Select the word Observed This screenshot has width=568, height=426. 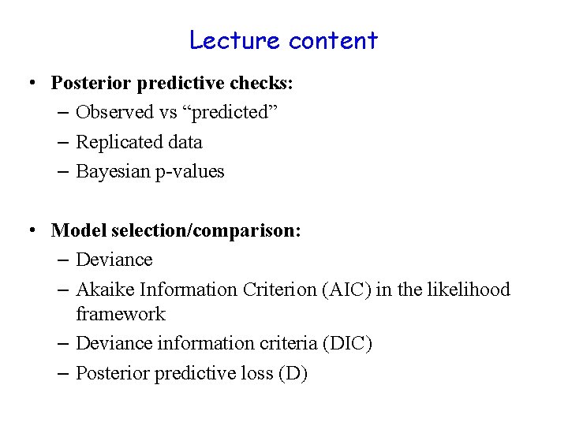(x=114, y=112)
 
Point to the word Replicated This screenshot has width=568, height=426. (x=118, y=142)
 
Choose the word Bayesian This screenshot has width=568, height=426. (x=110, y=172)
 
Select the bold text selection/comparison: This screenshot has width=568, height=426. (x=207, y=230)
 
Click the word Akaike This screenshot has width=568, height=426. (x=103, y=290)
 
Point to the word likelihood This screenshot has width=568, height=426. (x=469, y=290)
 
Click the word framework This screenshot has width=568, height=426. (x=121, y=314)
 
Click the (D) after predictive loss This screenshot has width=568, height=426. (x=293, y=373)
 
